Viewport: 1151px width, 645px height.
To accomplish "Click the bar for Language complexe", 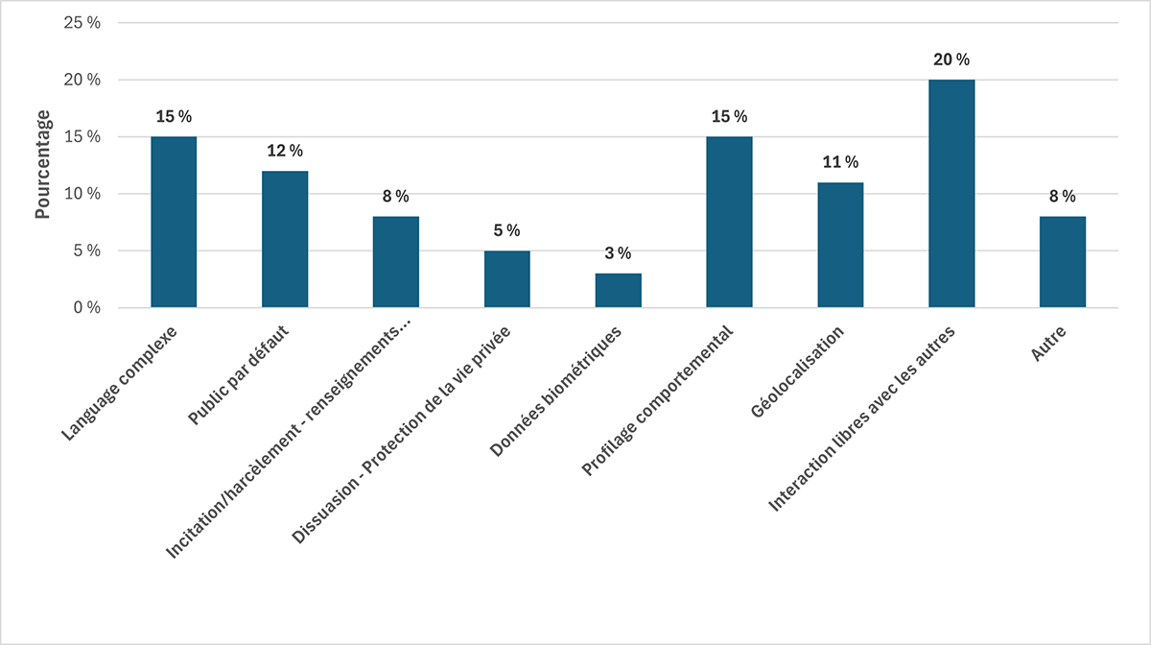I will tap(174, 222).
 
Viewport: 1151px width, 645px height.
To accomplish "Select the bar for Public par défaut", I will tap(285, 239).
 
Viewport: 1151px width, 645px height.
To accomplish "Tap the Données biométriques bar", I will tap(618, 290).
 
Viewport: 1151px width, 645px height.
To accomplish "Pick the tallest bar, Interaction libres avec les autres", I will tap(951, 193).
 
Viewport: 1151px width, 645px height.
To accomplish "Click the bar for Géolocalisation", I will tap(840, 245).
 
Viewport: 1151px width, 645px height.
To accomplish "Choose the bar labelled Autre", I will tap(1063, 262).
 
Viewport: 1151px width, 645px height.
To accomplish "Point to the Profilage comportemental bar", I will tap(729, 222).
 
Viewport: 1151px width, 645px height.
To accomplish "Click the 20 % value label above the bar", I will tap(951, 60).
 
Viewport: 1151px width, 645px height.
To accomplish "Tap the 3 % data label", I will tap(618, 253).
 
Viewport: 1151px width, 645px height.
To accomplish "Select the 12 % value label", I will tap(285, 151).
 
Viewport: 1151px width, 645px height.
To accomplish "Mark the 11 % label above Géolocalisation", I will tap(840, 162).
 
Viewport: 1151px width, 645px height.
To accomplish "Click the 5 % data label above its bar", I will tap(506, 230).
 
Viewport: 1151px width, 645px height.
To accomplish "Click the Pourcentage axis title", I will tap(43, 164).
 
